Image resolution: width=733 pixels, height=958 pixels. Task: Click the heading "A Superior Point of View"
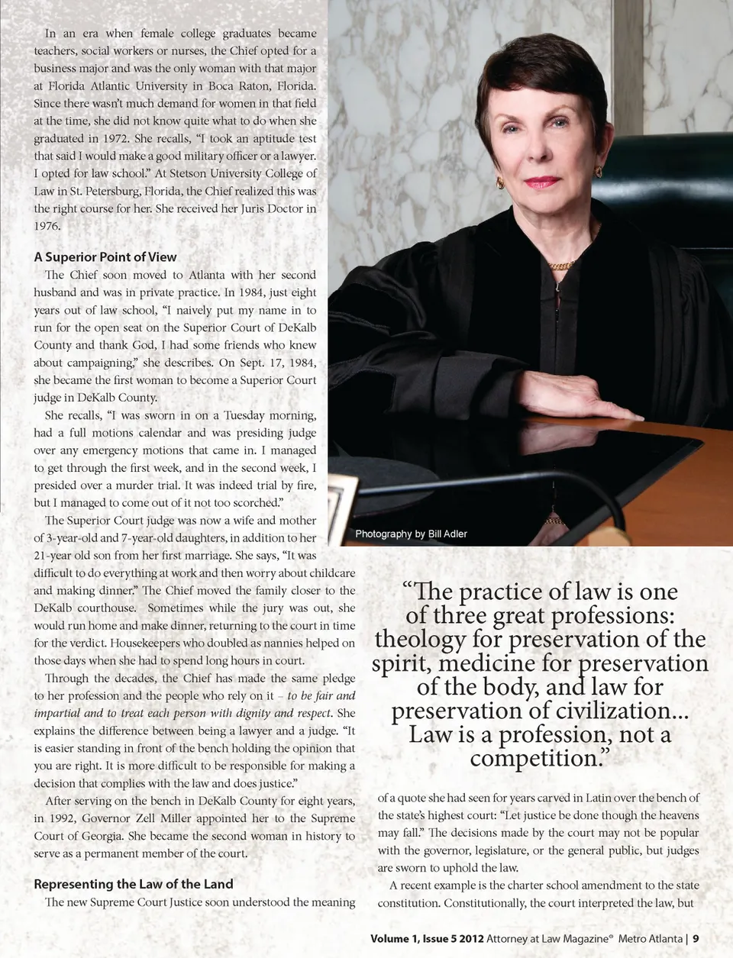(105, 257)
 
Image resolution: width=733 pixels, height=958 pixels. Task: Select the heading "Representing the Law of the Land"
(134, 884)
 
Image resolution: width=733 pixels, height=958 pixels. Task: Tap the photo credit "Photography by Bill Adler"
(411, 534)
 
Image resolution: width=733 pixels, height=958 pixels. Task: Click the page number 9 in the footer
(696, 938)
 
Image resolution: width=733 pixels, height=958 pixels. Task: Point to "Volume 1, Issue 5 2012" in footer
(427, 938)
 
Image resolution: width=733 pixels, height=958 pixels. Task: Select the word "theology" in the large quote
(420, 639)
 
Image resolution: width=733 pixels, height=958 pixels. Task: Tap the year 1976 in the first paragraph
(47, 226)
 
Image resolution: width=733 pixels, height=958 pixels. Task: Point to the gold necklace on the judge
(561, 265)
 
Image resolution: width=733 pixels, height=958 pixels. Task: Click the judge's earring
(501, 182)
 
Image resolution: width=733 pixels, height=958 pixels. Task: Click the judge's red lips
(542, 182)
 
